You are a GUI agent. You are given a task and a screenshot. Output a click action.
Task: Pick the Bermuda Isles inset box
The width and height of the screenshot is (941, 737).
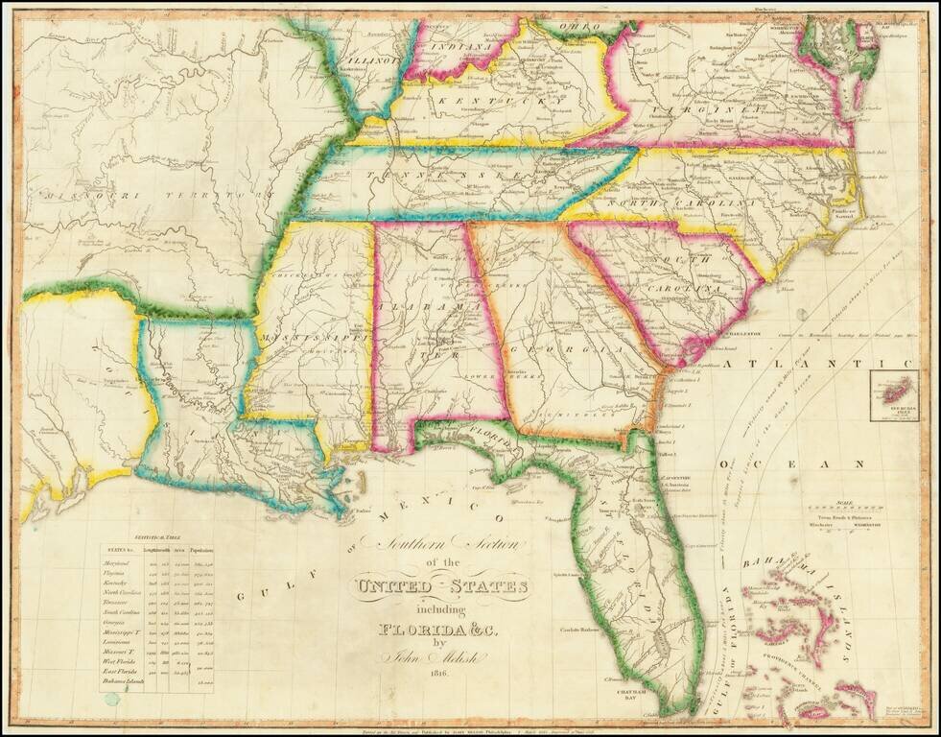pos(893,395)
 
